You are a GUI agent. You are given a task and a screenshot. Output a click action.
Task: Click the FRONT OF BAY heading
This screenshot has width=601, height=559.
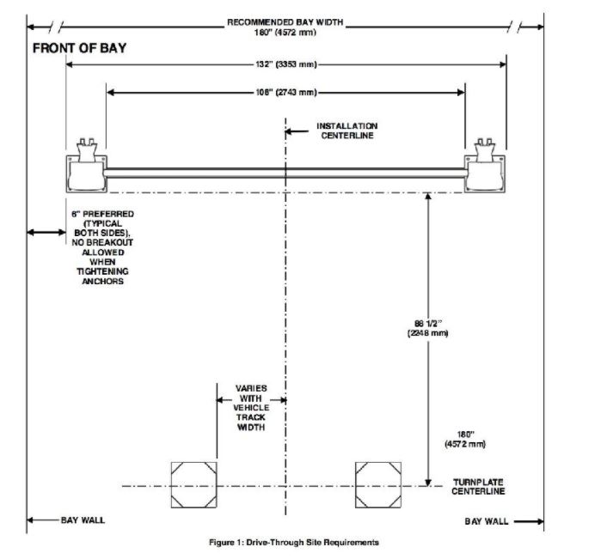[x=79, y=48]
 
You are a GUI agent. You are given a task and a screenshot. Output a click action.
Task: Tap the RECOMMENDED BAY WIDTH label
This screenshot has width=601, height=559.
[x=285, y=22]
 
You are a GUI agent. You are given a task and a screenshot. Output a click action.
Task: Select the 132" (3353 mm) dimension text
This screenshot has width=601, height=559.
[x=286, y=64]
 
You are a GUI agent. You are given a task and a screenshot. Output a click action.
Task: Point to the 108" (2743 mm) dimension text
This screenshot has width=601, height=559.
[x=286, y=92]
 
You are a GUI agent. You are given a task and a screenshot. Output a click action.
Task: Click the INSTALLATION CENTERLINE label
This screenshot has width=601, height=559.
[x=346, y=131]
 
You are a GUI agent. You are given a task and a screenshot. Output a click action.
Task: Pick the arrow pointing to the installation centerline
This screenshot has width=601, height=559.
[x=297, y=131]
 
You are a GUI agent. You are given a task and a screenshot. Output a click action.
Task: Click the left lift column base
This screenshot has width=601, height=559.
[x=87, y=173]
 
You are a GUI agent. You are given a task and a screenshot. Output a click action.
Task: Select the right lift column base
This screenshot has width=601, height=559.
[x=485, y=173]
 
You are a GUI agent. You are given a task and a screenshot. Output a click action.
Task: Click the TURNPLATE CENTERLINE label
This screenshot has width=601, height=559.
[x=478, y=487]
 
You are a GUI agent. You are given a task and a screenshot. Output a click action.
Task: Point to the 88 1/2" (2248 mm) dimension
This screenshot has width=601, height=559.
[x=428, y=328]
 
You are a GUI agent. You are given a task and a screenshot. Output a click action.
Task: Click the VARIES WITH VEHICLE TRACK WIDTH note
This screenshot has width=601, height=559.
[x=251, y=408]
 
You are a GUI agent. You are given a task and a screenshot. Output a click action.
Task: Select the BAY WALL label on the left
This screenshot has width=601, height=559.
[x=83, y=520]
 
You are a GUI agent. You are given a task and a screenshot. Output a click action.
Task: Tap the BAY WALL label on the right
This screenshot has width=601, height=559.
[x=487, y=521]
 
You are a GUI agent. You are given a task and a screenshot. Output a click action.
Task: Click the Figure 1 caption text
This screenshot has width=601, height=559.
[x=294, y=542]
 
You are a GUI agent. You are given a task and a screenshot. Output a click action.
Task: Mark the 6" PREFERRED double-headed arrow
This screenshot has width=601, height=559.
[x=46, y=232]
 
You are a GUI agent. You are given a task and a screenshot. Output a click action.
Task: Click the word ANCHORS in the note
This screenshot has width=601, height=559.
[x=102, y=281]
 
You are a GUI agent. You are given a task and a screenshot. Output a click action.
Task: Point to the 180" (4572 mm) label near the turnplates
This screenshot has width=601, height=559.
[x=465, y=439]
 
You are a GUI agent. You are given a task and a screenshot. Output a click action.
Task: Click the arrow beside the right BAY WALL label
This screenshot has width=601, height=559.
[x=529, y=521]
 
